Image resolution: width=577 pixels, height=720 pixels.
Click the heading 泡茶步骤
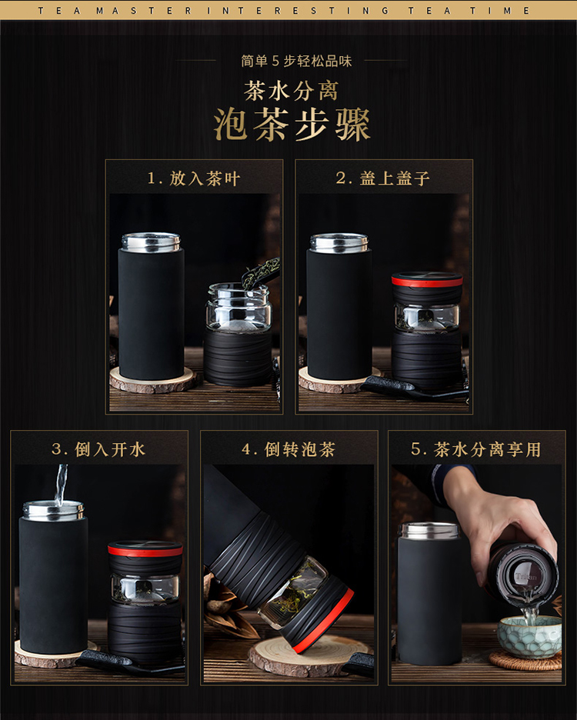point(292,125)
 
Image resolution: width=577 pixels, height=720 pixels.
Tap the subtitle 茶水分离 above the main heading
point(292,91)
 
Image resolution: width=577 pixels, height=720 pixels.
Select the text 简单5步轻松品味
point(296,61)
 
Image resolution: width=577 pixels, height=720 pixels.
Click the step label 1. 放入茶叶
point(194,178)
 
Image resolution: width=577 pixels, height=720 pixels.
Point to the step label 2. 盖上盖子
point(382,178)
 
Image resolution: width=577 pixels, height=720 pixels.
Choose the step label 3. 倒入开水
point(98,449)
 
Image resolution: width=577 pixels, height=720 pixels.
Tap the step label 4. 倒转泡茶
point(288,449)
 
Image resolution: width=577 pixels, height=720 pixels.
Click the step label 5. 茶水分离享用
point(476,449)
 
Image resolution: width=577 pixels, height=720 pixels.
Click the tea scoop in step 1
point(261,273)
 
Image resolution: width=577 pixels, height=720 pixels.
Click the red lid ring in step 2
point(427,280)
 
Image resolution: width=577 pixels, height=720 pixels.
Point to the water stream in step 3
point(60,485)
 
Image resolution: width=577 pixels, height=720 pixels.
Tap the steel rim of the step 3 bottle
point(54,510)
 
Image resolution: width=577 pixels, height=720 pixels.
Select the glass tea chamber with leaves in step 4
point(294,592)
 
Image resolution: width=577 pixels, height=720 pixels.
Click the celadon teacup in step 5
point(529,636)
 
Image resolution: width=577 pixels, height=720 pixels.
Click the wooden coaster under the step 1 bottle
point(153,380)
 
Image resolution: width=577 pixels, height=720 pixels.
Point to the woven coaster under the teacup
point(525,661)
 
